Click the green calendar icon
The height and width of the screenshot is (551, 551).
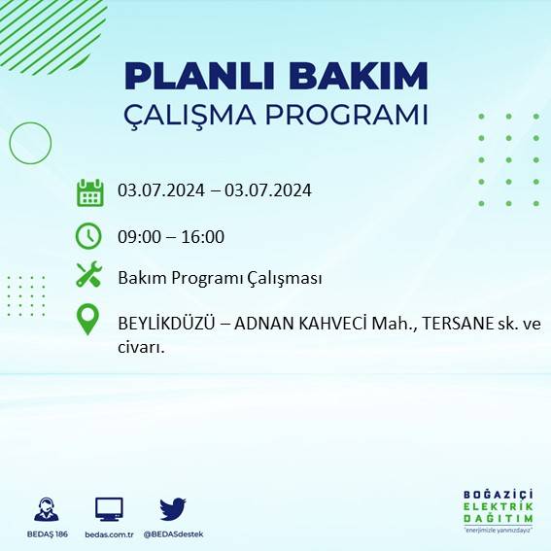[x=89, y=191]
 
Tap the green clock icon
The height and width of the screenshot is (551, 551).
[x=88, y=236]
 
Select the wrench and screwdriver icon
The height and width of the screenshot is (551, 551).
[x=89, y=276]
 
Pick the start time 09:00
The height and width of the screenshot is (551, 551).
[x=139, y=236]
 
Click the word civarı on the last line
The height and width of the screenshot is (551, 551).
[x=137, y=344]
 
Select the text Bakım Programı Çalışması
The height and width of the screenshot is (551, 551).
[x=220, y=278]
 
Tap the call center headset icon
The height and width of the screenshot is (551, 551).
[x=45, y=509]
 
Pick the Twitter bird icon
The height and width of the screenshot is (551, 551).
[x=173, y=508]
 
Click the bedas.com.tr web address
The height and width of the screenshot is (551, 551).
[x=109, y=534]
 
